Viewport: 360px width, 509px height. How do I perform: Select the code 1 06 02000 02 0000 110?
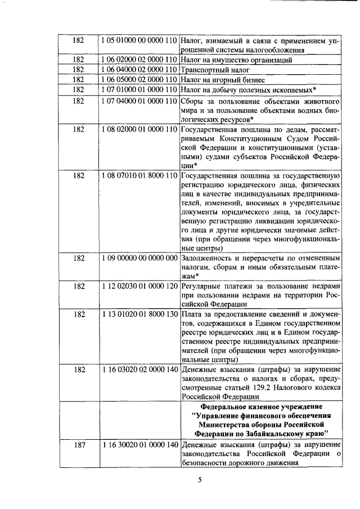click(139, 60)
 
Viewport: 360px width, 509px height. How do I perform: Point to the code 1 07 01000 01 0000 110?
click(139, 89)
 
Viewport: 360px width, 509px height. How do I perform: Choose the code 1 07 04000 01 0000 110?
click(139, 101)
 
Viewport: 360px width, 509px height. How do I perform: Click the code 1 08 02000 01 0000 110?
click(139, 129)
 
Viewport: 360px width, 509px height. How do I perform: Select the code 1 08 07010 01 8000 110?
click(139, 175)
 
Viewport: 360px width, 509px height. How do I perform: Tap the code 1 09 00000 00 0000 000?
click(139, 258)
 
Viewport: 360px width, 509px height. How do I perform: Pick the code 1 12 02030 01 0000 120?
click(139, 286)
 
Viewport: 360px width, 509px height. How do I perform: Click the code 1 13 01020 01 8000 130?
click(139, 313)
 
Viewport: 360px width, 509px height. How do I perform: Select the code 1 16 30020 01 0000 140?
click(139, 445)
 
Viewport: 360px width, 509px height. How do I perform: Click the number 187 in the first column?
click(79, 445)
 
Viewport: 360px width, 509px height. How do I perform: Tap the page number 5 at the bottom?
click(199, 479)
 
